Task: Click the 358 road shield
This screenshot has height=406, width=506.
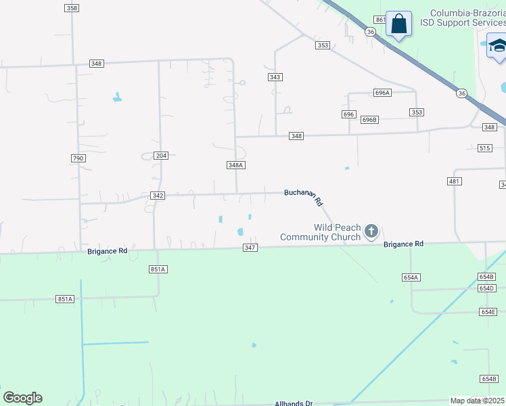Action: point(72,7)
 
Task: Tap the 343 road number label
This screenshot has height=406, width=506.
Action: point(275,77)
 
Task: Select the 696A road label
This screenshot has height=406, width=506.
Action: point(382,93)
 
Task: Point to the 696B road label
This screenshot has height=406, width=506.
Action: point(369,120)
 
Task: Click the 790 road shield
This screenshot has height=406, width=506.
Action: point(78,158)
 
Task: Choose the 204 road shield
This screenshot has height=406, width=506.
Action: point(161,156)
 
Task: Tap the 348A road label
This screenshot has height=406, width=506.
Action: point(235,165)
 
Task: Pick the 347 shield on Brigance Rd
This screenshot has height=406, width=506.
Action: point(250,248)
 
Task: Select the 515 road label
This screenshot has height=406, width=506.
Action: point(484,148)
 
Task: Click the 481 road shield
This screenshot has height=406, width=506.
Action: point(455,181)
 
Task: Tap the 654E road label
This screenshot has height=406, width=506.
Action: point(488,312)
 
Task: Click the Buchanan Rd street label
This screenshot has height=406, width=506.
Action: point(304,197)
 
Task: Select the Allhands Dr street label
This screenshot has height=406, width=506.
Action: point(294,403)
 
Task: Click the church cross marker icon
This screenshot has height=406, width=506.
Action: point(371,231)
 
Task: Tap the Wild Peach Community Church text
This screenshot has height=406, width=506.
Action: point(321,232)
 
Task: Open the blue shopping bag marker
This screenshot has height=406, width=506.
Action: point(399,24)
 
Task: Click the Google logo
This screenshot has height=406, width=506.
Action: point(22,398)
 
